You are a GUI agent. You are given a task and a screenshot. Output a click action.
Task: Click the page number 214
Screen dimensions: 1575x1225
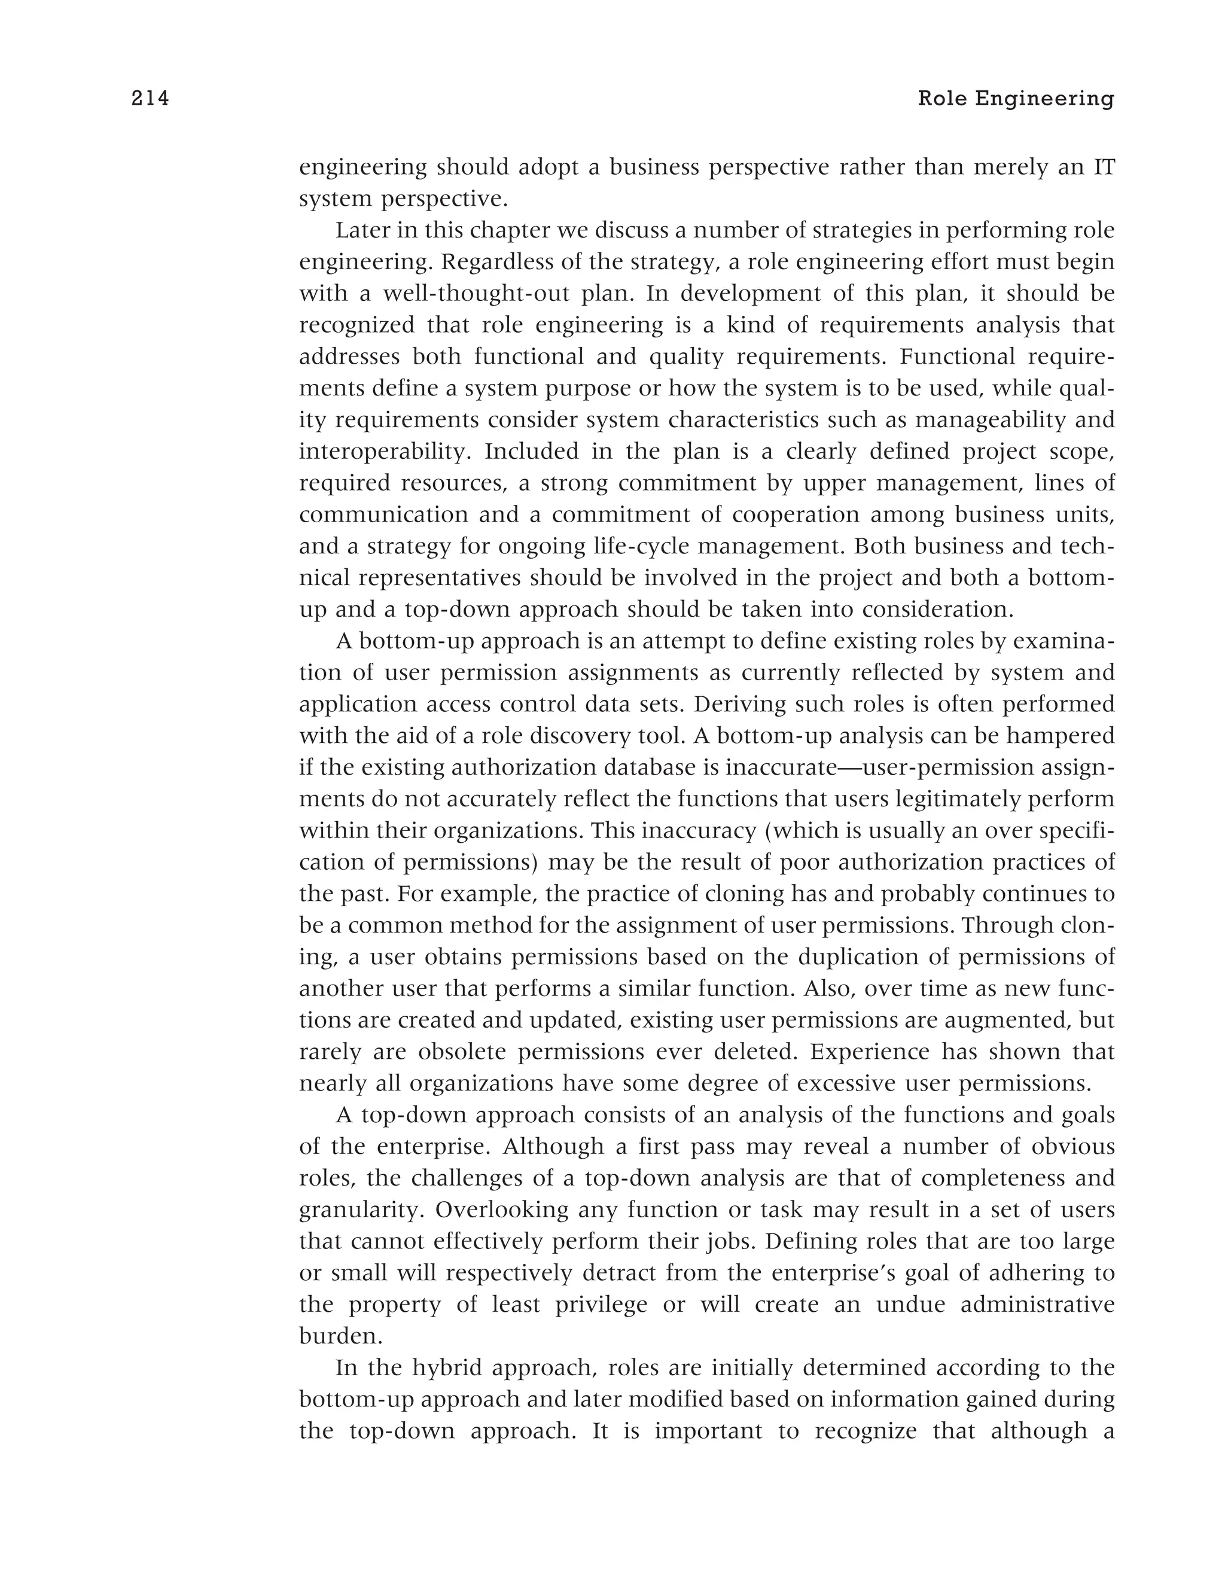pyautogui.click(x=150, y=99)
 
